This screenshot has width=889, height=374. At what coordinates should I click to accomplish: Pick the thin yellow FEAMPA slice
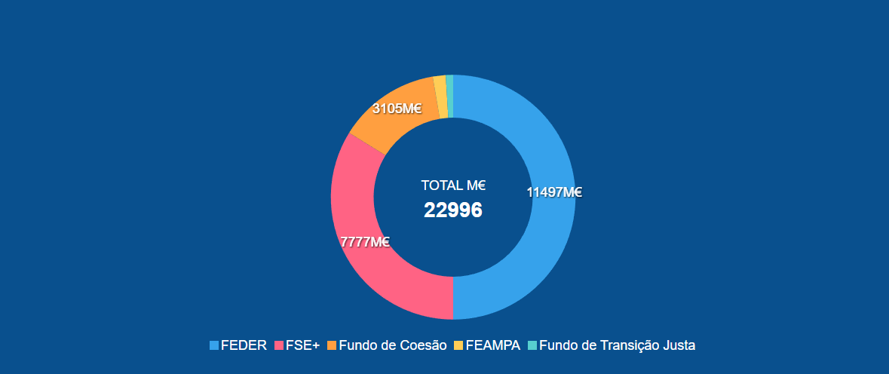(x=440, y=97)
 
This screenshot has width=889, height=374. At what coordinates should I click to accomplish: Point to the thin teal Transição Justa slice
(x=450, y=97)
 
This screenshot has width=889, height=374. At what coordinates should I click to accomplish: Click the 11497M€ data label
(x=554, y=192)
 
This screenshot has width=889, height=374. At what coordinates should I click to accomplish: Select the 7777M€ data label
(x=365, y=242)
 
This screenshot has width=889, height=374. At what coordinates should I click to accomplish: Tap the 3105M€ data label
(x=397, y=109)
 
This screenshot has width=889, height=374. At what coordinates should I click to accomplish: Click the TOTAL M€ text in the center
(x=452, y=185)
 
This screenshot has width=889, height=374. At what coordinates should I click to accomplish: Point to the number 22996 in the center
(x=452, y=210)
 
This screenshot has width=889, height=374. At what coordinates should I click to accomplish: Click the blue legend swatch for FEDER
(x=214, y=345)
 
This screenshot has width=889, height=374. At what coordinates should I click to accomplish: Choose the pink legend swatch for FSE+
(x=279, y=345)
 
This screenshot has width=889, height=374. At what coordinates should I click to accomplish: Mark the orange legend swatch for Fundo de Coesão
(x=332, y=345)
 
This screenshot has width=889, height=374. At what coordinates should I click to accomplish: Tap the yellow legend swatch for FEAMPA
(x=458, y=345)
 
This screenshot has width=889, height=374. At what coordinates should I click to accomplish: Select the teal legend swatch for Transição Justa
(x=532, y=345)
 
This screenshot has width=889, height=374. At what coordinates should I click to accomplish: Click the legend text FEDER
(x=244, y=345)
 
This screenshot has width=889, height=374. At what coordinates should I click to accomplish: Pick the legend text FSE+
(x=302, y=345)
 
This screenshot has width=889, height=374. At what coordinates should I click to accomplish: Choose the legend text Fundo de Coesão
(x=393, y=345)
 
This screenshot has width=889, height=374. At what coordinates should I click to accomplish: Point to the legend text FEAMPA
(x=493, y=345)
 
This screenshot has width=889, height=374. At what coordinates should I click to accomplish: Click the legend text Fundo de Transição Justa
(x=618, y=345)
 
